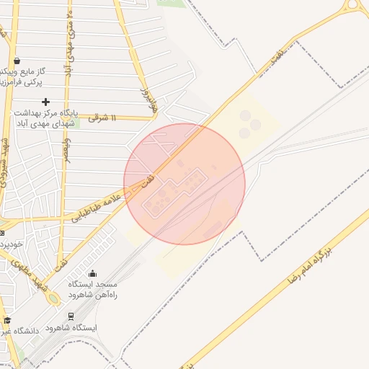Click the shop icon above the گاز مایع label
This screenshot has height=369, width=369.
[x=17, y=61]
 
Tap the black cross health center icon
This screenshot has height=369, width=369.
[x=47, y=102]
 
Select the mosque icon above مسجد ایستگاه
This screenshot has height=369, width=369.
[x=92, y=273]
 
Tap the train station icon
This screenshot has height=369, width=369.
[x=71, y=316]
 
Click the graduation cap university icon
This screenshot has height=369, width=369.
[x=7, y=320]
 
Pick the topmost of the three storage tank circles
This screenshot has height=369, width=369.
[x=245, y=115]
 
